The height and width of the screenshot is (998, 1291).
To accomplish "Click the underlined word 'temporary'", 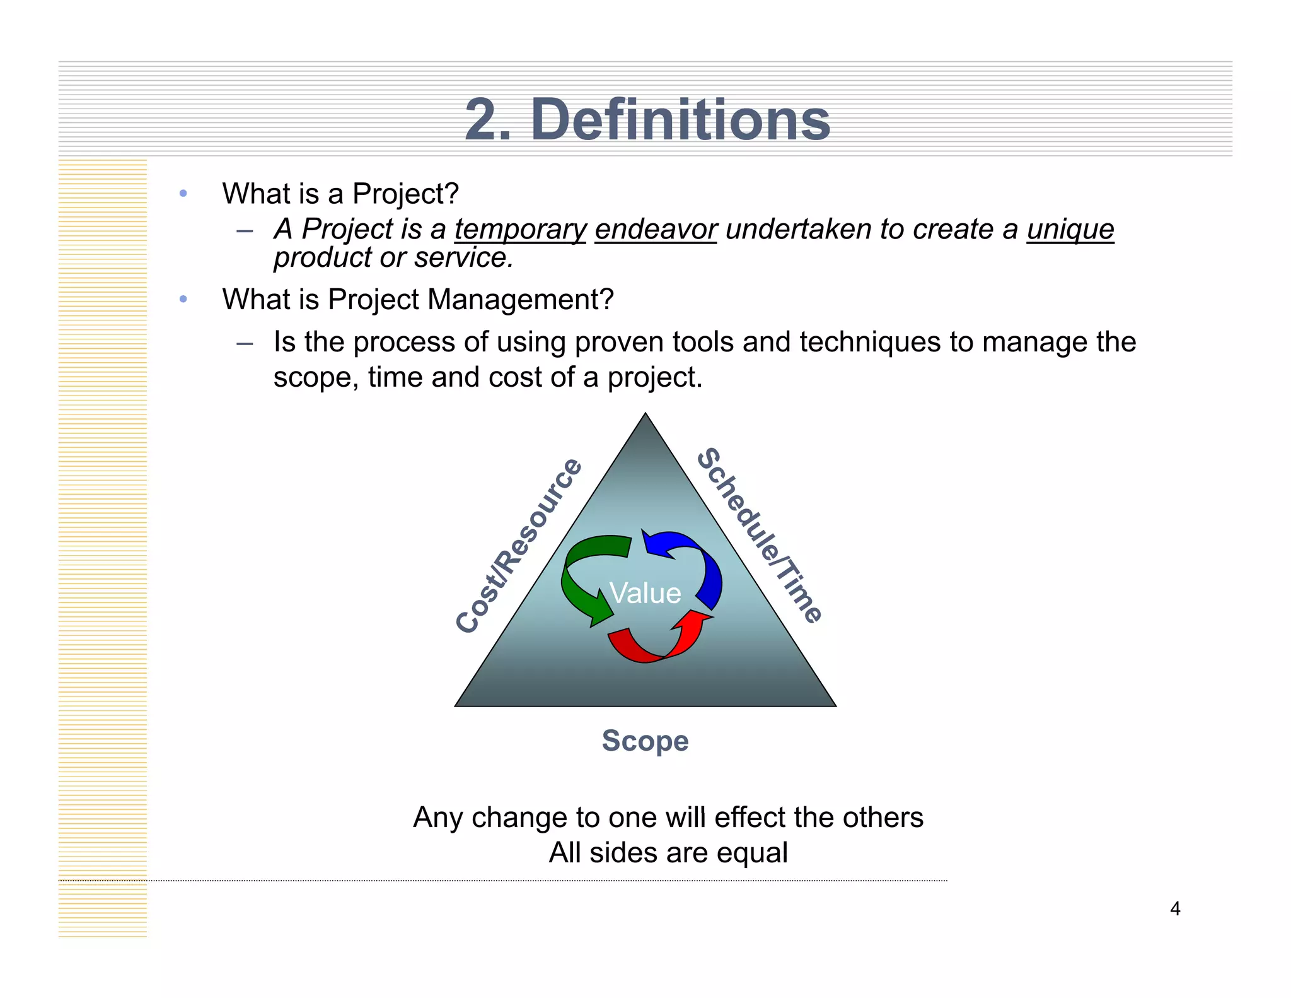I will [x=521, y=230].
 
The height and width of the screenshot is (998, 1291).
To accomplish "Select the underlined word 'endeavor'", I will [x=656, y=230].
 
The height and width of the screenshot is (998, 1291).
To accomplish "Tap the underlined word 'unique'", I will [x=1070, y=230].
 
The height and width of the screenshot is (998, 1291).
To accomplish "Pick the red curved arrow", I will [x=662, y=643].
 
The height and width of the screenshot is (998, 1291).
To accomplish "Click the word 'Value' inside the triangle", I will [x=645, y=594].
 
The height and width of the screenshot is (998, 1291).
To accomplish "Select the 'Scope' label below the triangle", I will [x=645, y=741].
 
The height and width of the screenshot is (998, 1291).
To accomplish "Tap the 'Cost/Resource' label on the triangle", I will [x=518, y=546].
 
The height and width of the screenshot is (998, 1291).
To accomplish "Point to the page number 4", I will [x=1175, y=908].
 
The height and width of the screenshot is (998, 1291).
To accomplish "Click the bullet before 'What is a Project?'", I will [x=183, y=194].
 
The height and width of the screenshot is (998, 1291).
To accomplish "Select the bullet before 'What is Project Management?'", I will [x=183, y=299].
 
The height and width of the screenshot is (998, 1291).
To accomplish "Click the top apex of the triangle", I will [x=645, y=415].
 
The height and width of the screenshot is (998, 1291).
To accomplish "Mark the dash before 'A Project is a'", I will [x=245, y=231].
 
